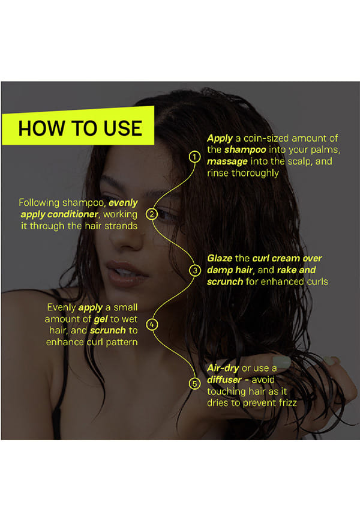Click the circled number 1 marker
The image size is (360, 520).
[194, 157]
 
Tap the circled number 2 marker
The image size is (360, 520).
[152, 214]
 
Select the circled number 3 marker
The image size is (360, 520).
[195, 270]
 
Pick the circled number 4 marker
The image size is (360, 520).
[152, 324]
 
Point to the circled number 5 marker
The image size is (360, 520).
[194, 384]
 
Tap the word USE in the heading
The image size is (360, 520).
[123, 128]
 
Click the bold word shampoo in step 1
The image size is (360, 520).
[245, 150]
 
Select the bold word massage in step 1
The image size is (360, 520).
[227, 162]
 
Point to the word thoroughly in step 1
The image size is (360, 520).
[255, 173]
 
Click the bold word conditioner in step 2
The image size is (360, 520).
[73, 214]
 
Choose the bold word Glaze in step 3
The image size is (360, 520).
[220, 258]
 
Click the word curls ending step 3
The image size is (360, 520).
[317, 282]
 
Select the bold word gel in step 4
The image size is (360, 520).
[100, 319]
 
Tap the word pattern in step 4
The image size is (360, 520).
[122, 342]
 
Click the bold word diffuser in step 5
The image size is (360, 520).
[224, 379]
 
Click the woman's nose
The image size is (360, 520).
[125, 239]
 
